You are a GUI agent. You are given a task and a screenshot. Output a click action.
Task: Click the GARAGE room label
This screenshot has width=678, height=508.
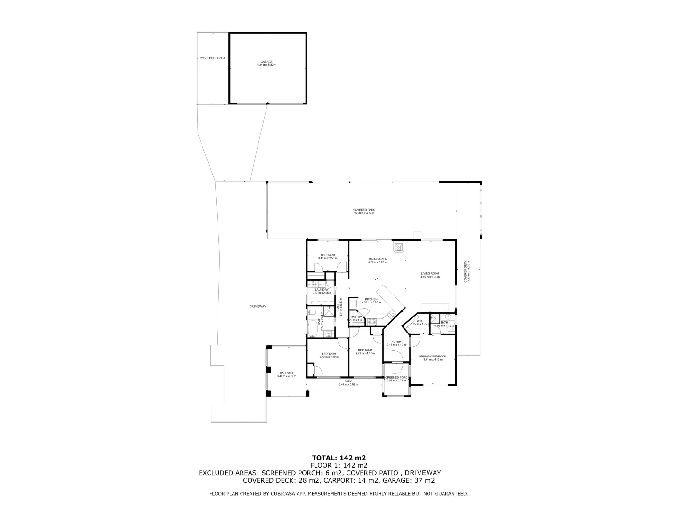266,62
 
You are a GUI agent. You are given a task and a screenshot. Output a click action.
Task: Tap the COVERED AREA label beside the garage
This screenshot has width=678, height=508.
212,58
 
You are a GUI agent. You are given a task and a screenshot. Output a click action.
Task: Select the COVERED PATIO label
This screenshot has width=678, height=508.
364,210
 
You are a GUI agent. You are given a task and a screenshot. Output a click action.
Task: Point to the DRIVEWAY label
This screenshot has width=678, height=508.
258,307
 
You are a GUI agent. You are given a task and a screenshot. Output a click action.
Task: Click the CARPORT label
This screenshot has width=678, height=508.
286,373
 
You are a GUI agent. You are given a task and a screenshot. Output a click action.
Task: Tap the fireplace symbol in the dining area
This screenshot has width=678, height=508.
399,246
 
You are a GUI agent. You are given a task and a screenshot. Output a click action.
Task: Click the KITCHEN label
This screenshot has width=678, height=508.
371,299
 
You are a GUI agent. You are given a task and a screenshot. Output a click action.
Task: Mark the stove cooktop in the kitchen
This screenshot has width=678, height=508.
372,322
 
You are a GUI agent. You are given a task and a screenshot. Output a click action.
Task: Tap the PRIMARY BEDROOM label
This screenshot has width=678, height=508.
433,357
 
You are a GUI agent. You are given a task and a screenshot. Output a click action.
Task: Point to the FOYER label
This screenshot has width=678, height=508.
396,342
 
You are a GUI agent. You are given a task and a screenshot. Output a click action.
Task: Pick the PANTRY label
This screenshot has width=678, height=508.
356,317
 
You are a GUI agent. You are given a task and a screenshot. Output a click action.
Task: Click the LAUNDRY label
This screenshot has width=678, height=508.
322,290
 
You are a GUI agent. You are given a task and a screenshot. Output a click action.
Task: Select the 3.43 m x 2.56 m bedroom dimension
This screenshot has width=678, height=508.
328,258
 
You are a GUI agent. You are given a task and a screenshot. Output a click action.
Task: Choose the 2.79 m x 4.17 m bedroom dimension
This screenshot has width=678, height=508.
365,353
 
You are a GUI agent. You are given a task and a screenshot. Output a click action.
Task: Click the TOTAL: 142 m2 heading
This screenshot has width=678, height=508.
339,457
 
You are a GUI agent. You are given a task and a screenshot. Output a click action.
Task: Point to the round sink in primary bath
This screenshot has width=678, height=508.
448,317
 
